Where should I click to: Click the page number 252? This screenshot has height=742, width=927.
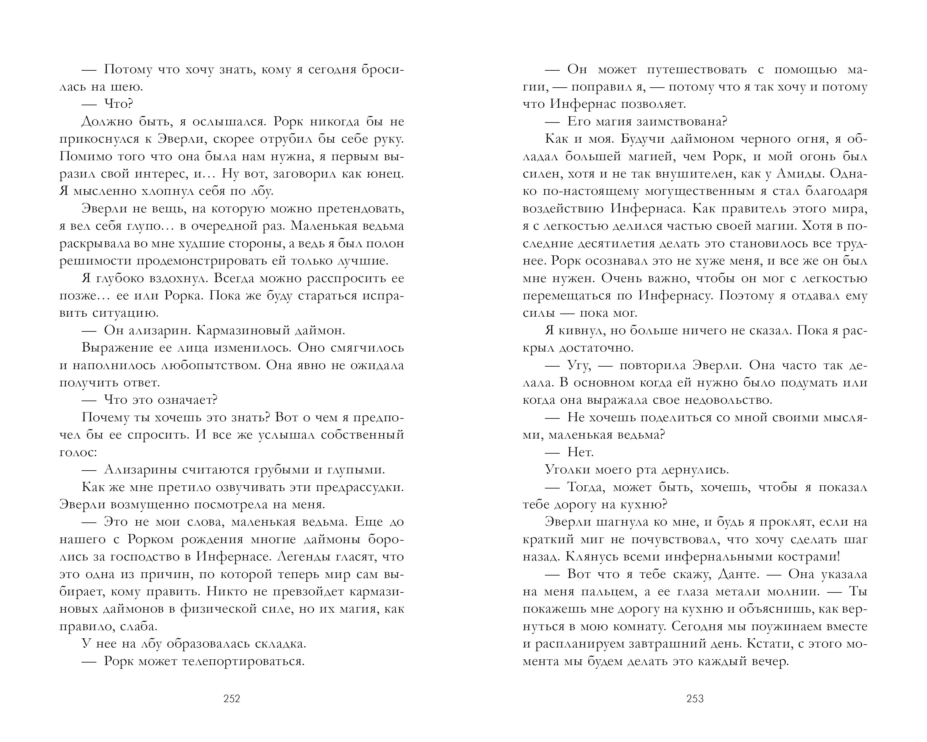click(232, 699)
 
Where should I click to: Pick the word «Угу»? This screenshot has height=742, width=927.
click(578, 365)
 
